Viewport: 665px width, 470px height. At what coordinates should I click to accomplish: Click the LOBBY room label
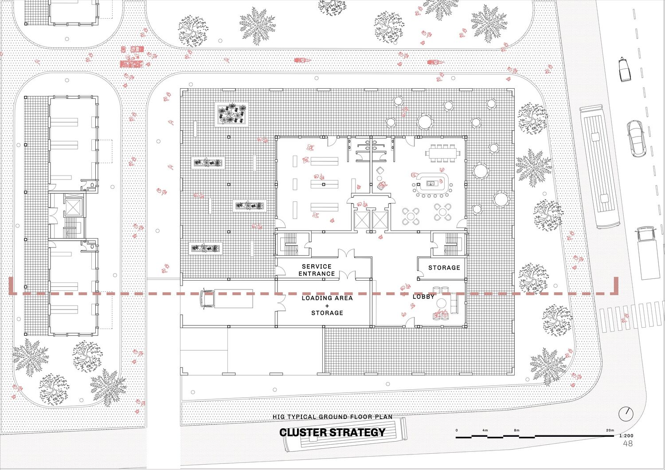click(x=423, y=297)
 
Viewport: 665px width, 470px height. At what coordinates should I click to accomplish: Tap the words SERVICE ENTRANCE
click(x=317, y=270)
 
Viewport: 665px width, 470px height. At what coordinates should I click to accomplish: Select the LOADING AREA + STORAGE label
click(x=327, y=305)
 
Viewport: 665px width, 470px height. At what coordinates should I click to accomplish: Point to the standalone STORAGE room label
click(x=444, y=267)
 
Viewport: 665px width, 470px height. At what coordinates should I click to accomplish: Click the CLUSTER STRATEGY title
click(x=332, y=432)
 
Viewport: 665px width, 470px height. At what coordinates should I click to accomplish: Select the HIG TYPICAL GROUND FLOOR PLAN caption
click(x=332, y=417)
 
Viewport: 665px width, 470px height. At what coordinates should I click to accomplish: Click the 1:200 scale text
click(x=626, y=436)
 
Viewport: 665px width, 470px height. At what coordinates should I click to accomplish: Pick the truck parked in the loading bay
click(x=227, y=299)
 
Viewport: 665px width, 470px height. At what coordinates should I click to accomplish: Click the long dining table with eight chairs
click(x=442, y=153)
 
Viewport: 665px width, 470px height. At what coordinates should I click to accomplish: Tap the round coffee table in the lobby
click(x=441, y=303)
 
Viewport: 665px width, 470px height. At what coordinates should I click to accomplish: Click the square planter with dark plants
click(x=231, y=114)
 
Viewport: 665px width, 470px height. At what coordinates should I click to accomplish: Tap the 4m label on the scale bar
click(x=485, y=430)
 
